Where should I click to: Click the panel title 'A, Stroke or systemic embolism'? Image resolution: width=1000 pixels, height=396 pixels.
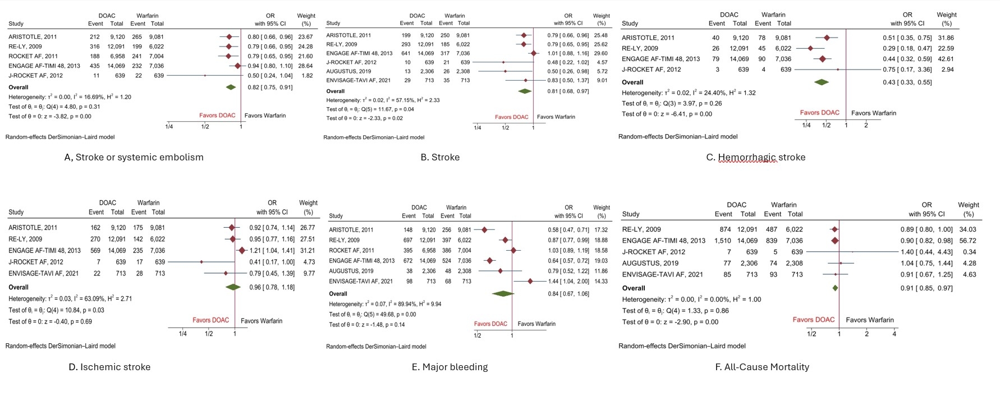click(x=134, y=158)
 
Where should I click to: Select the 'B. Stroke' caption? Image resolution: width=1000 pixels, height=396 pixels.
click(x=440, y=158)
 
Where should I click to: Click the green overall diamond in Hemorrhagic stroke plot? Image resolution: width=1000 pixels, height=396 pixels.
click(x=822, y=82)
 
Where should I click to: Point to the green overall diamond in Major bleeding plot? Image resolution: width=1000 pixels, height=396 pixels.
click(x=503, y=294)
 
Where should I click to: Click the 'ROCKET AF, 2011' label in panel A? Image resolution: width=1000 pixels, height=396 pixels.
click(x=33, y=56)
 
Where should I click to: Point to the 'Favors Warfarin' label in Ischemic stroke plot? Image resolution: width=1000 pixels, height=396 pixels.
click(x=262, y=321)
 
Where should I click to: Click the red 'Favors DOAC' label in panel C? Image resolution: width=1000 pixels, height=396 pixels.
click(x=819, y=113)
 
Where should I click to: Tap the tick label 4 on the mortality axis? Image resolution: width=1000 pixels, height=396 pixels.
click(x=894, y=334)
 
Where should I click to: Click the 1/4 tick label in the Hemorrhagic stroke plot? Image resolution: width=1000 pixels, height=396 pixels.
click(x=806, y=125)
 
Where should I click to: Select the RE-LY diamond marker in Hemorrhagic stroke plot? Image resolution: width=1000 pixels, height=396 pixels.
click(x=810, y=48)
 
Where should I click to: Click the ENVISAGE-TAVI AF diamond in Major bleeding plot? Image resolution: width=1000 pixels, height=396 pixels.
click(x=530, y=282)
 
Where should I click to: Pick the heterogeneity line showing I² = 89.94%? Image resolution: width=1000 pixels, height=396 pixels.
click(x=385, y=304)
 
